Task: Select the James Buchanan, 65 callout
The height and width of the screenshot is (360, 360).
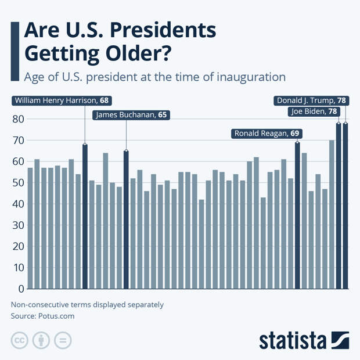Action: (x=131, y=115)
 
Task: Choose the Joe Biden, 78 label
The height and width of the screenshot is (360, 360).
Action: (x=316, y=111)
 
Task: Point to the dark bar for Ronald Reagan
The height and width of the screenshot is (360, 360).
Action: (x=297, y=215)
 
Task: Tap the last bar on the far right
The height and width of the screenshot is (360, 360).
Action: (x=345, y=206)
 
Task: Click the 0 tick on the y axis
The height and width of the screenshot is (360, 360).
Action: (x=20, y=289)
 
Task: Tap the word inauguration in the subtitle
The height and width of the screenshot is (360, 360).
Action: (x=253, y=77)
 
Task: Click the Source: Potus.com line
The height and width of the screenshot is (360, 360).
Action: (x=42, y=316)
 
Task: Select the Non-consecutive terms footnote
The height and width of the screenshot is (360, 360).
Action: (x=87, y=305)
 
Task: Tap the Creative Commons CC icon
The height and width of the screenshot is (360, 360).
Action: (x=19, y=340)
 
